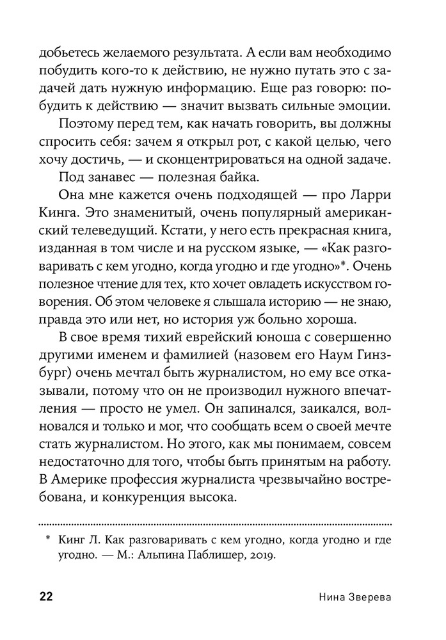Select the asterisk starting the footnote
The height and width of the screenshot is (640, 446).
click(x=47, y=540)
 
